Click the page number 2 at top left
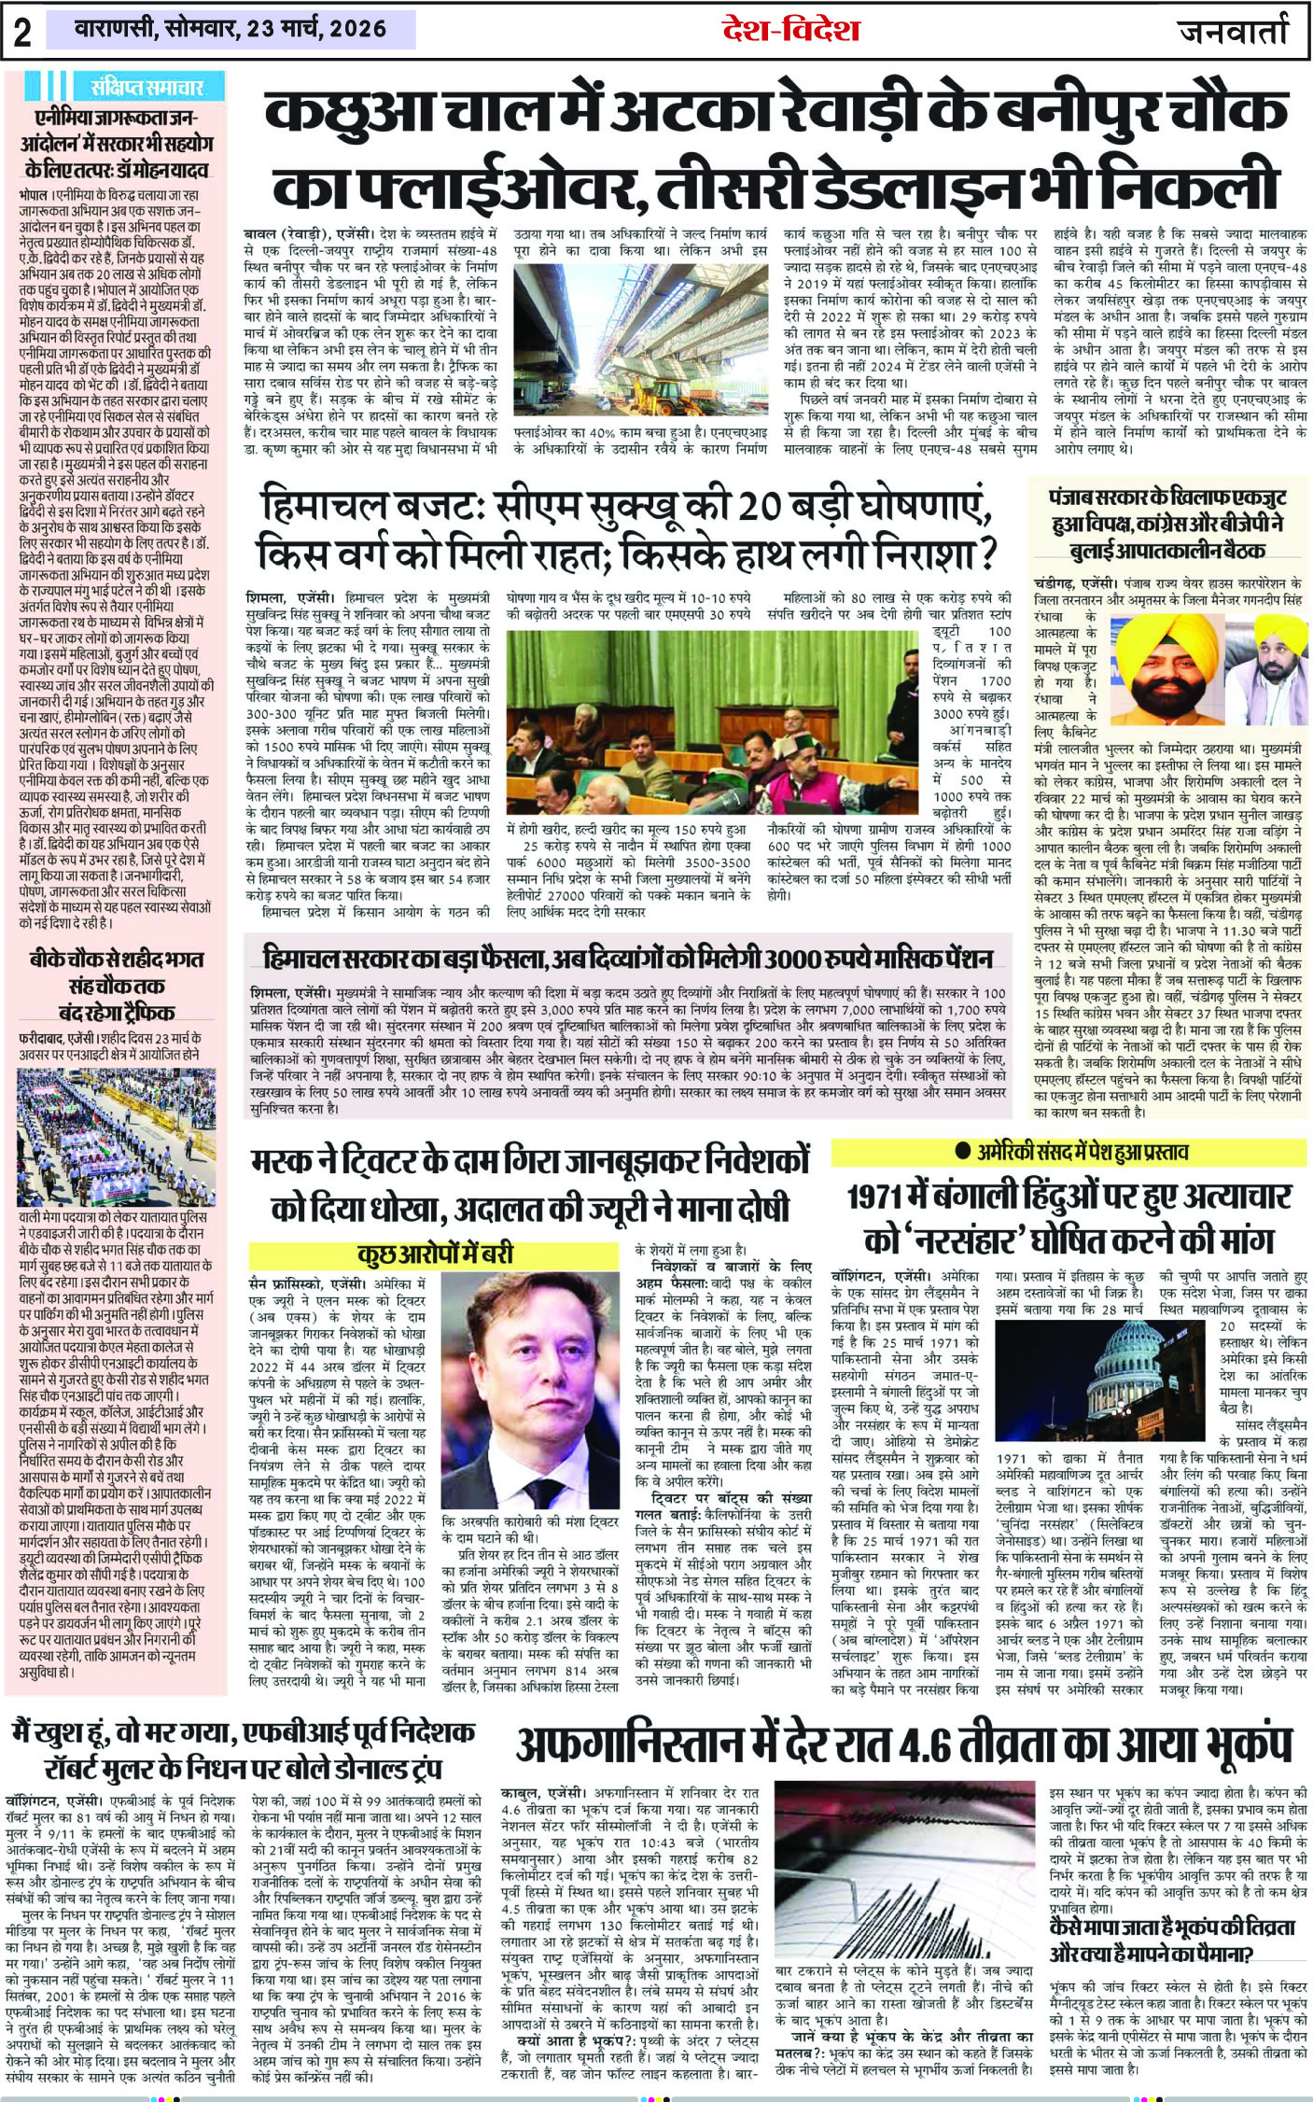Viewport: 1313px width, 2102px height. point(22,32)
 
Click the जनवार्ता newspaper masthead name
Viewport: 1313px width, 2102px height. point(1233,31)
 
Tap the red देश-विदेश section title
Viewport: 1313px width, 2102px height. point(790,30)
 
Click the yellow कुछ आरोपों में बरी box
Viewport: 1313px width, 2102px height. point(435,1254)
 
